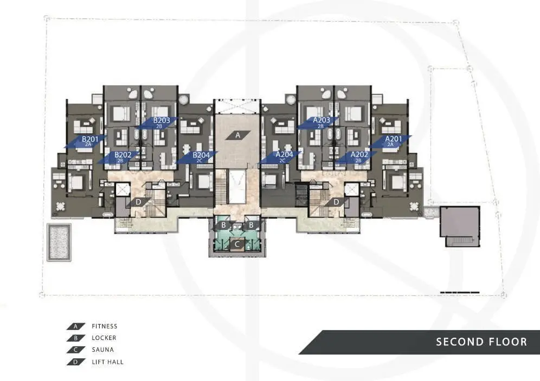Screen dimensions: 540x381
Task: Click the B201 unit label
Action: click(90, 139)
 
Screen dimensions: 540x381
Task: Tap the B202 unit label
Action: click(123, 155)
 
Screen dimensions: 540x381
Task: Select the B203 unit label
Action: click(162, 120)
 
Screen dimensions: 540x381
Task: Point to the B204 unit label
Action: click(201, 155)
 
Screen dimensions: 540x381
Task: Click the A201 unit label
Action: click(393, 139)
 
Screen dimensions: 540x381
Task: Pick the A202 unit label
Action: click(359, 155)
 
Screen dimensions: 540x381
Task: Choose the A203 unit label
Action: click(322, 120)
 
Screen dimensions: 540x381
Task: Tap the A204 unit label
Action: click(284, 155)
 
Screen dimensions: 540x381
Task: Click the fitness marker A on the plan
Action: click(237, 135)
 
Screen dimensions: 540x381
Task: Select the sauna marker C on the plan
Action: click(237, 245)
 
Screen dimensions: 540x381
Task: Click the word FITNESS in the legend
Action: click(104, 326)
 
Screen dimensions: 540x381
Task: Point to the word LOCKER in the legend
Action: click(104, 338)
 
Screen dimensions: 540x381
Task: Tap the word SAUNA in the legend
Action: click(102, 350)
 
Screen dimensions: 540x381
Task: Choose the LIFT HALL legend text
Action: click(107, 362)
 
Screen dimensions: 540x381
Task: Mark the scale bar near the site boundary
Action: click(460, 292)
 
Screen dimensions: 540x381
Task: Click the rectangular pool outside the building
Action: click(59, 242)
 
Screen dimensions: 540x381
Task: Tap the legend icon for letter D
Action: click(76, 362)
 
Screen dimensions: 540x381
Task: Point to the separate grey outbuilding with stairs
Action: click(460, 226)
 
